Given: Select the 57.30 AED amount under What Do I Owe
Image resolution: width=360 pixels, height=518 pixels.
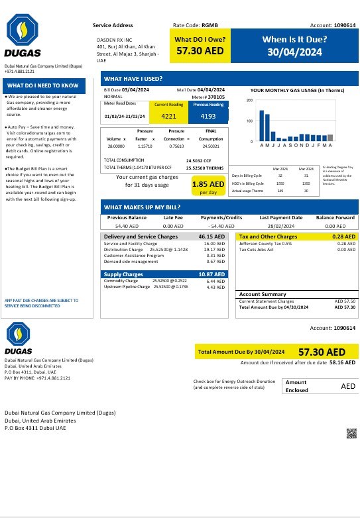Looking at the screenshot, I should pyautogui.click(x=196, y=51).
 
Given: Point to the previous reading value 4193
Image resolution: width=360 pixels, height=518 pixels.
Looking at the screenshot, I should pyautogui.click(x=207, y=117).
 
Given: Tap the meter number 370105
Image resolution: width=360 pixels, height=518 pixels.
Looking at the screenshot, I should pyautogui.click(x=216, y=97).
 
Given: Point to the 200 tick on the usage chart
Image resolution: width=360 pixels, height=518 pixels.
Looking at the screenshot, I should pyautogui.click(x=250, y=101).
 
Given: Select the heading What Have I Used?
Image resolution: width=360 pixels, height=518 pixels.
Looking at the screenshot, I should pyautogui.click(x=133, y=78).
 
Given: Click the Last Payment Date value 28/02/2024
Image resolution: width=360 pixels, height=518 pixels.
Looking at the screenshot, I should pyautogui.click(x=281, y=226).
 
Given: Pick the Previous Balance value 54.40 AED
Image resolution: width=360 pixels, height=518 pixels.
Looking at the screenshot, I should pyautogui.click(x=127, y=226).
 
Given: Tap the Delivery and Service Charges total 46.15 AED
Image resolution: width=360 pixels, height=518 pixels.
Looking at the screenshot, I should pyautogui.click(x=211, y=236).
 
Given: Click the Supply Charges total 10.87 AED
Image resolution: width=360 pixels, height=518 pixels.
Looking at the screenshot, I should pyautogui.click(x=211, y=274).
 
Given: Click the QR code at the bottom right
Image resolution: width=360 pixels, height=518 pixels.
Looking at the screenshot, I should pyautogui.click(x=351, y=434).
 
